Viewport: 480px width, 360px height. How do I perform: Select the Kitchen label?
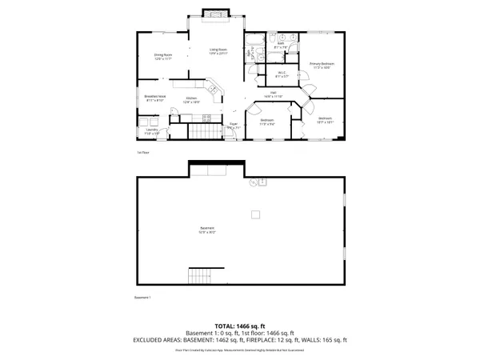190,101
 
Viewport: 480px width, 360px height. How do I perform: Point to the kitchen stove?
206,118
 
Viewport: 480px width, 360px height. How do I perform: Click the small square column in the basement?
255,214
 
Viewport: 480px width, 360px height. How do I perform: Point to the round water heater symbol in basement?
253,183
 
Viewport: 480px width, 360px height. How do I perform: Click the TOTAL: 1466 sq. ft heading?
239,326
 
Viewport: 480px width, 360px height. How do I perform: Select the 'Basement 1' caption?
142,298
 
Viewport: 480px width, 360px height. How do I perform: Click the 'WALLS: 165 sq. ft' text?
321,341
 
